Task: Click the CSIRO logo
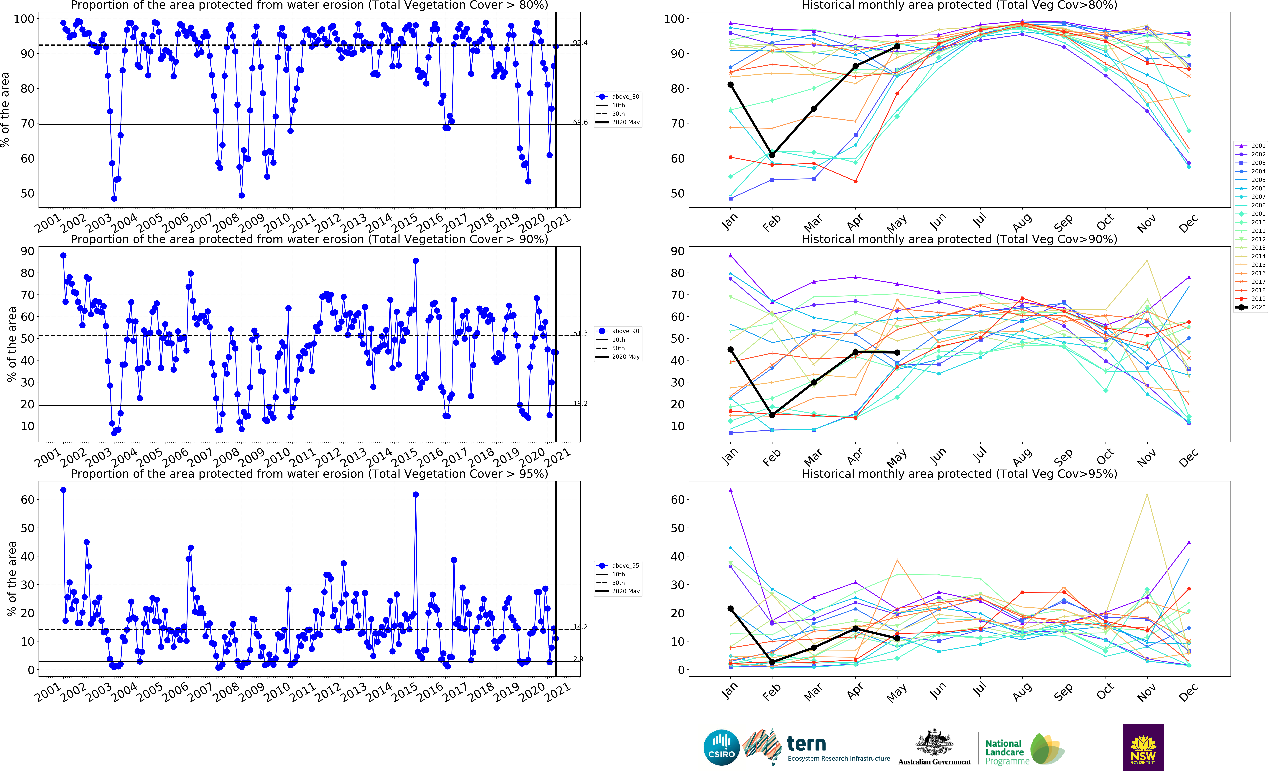tap(721, 747)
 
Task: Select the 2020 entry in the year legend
tap(1250, 307)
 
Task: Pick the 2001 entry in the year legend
tap(1250, 146)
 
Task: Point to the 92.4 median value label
tap(580, 43)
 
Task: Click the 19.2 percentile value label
tap(580, 403)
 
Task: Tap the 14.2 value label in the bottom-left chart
tap(580, 627)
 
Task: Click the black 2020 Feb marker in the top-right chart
tap(772, 155)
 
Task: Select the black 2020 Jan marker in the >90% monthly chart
tap(731, 350)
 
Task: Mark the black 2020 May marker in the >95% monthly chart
tap(897, 638)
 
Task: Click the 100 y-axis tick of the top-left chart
tap(24, 19)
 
